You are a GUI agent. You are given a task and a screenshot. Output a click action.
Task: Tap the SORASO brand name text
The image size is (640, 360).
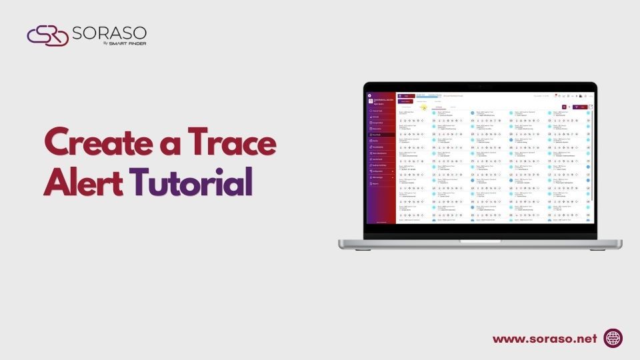coord(110,33)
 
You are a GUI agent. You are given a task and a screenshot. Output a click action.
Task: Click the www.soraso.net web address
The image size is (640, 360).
coord(545,339)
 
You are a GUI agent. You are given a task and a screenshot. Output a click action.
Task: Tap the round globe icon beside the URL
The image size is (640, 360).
coord(613,339)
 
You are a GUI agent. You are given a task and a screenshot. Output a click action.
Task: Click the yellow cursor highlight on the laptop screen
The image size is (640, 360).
coord(423,107)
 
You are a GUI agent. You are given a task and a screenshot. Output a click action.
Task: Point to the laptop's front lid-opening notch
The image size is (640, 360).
coord(480,241)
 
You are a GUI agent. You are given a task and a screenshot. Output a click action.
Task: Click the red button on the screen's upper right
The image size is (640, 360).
coord(583,107)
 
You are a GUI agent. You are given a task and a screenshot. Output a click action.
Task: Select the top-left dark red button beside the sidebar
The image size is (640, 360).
coord(406,101)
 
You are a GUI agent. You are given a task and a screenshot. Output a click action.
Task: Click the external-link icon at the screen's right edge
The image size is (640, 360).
coord(591,107)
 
